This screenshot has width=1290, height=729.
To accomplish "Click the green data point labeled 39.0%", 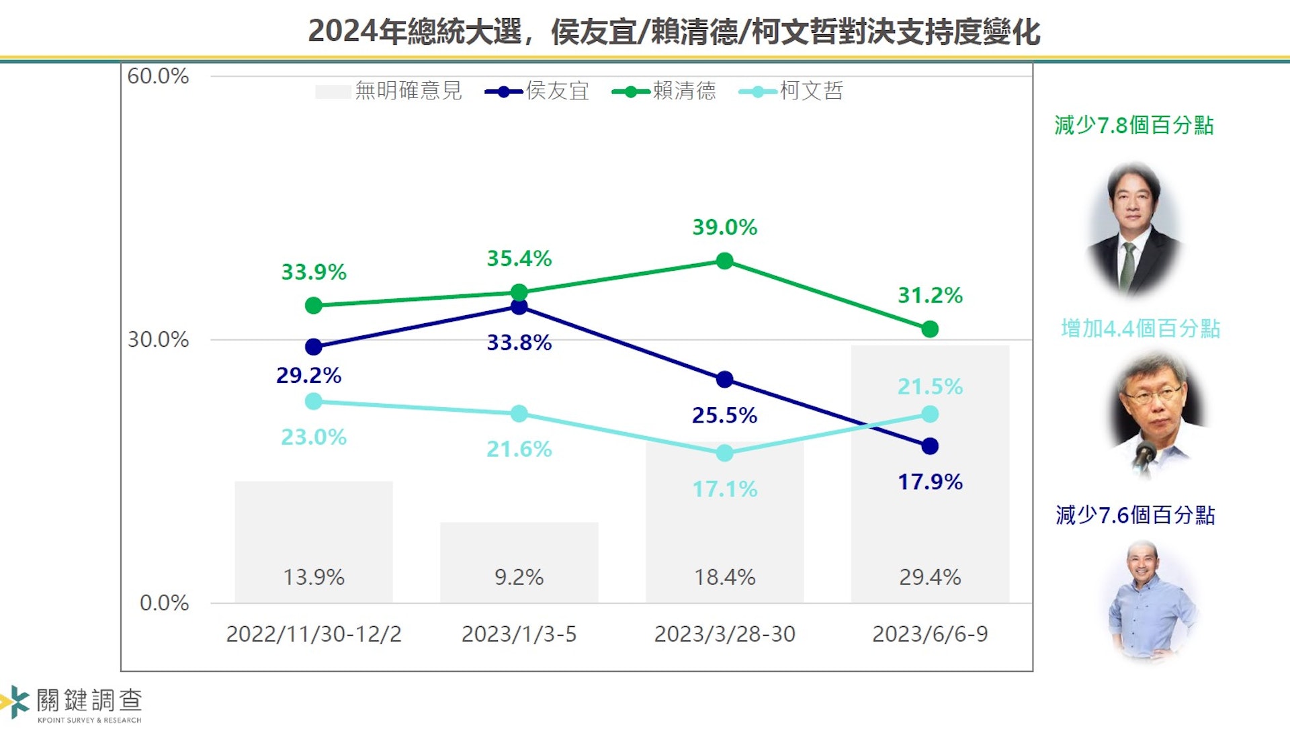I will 724,261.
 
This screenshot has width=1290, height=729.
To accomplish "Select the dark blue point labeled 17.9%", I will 930,446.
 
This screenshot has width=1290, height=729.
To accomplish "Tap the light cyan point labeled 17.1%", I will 724,454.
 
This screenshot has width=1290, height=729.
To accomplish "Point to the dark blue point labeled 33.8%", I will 519,307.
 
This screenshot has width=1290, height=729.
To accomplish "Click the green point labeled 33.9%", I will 314,306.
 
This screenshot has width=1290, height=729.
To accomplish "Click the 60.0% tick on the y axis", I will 159,77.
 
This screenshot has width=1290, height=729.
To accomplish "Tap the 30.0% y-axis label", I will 159,340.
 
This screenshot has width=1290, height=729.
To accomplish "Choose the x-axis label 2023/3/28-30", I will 724,634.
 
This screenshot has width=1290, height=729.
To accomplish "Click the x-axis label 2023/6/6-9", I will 930,634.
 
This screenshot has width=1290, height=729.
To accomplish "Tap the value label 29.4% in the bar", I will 930,577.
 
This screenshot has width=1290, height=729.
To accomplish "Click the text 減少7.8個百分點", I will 1134,126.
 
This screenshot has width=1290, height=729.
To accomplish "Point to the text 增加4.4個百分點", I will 1140,329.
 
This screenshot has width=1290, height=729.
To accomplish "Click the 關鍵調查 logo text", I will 89,701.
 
